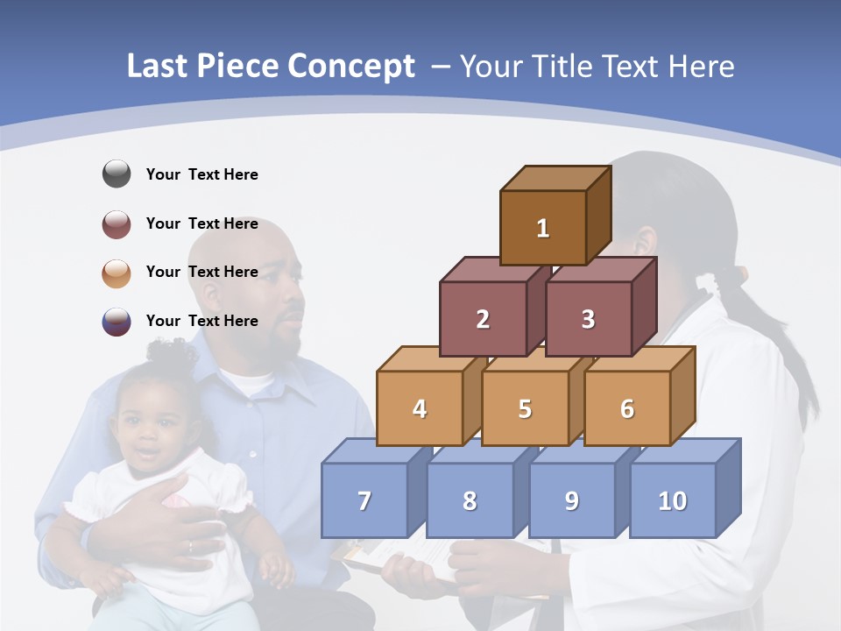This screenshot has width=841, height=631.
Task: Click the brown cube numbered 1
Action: [542, 228]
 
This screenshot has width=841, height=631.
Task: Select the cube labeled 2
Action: [483, 319]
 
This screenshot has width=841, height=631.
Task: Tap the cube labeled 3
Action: [588, 319]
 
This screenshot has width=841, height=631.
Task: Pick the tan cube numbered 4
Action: [420, 408]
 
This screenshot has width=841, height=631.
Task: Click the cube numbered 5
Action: [525, 408]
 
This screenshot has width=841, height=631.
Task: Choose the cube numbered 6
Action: [626, 408]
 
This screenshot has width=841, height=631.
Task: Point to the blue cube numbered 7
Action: [364, 500]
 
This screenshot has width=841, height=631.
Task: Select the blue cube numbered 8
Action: [470, 500]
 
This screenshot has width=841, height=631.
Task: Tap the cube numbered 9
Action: [571, 500]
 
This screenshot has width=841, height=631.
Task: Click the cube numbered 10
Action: [672, 500]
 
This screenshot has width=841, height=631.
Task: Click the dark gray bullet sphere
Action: [117, 174]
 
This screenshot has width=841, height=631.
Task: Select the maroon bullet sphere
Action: [117, 223]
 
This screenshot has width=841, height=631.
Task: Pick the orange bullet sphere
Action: [117, 273]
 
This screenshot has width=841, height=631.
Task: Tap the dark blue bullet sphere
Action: [117, 322]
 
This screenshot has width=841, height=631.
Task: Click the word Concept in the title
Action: [351, 67]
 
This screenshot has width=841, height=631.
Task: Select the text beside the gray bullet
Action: [201, 174]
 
